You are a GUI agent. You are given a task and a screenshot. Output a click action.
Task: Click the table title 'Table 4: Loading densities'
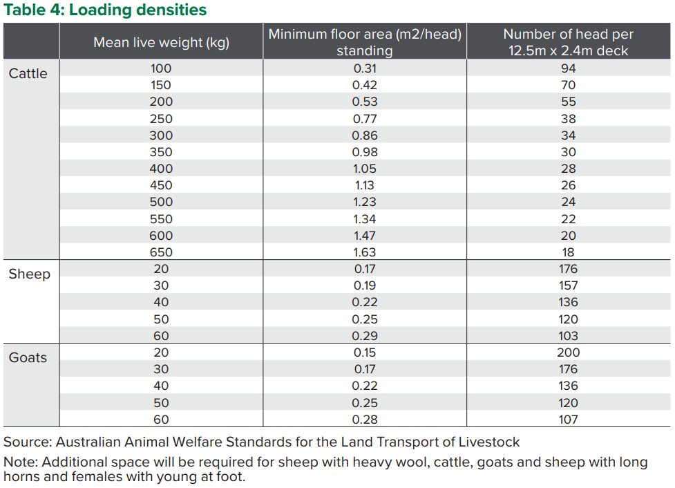[x=105, y=10]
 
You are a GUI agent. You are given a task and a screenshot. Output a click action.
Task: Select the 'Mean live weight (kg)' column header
[x=161, y=42]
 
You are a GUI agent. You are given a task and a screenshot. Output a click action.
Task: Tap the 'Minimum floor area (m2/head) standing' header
[x=364, y=42]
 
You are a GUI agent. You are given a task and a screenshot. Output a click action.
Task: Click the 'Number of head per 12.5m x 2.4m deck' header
[x=568, y=42]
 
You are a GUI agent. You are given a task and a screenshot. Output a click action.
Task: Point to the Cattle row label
[x=28, y=73]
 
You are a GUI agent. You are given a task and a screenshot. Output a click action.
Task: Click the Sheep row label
[x=29, y=274]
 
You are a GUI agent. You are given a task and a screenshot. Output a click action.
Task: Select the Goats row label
[x=28, y=357]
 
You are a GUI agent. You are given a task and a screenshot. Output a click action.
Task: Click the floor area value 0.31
[x=364, y=68]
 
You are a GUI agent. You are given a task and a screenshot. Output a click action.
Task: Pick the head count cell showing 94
[x=568, y=68]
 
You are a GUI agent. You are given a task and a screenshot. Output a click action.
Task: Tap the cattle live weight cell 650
[x=161, y=252]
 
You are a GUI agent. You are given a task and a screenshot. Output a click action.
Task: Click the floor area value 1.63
[x=364, y=252]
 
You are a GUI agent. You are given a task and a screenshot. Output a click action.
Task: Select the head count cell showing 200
[x=568, y=353]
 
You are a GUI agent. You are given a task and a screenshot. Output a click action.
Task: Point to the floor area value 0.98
[x=364, y=152]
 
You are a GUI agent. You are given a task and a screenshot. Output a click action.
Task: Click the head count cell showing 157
[x=568, y=285]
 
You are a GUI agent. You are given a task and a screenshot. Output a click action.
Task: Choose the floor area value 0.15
[x=364, y=353]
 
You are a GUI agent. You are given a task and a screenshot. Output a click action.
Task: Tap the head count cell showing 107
[x=568, y=420]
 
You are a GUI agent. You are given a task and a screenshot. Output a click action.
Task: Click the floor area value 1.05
[x=364, y=169]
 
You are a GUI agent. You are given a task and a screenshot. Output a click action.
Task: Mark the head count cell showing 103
[x=568, y=336]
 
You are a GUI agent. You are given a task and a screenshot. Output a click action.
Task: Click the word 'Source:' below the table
[x=28, y=442]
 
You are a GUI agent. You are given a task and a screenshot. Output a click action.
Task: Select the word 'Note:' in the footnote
[x=21, y=462]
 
